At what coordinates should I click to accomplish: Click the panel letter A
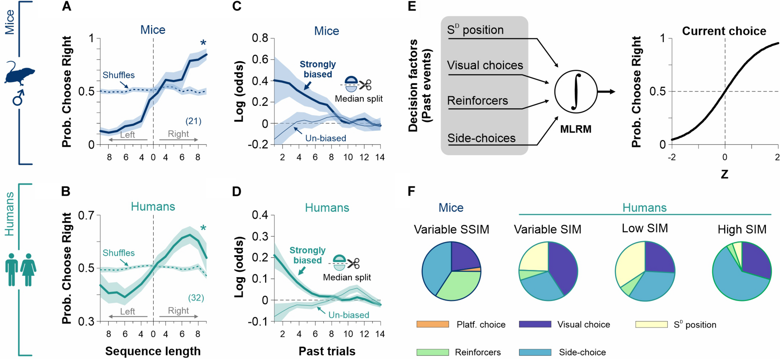66,6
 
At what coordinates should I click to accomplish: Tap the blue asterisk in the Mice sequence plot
203,43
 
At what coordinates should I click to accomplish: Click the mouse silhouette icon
19,74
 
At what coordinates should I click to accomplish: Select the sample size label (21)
193,121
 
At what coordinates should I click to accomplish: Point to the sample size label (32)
196,298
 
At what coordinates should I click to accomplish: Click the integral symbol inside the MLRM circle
576,92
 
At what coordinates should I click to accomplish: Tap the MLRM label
575,129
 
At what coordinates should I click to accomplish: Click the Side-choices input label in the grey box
481,138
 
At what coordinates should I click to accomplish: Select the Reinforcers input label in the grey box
477,101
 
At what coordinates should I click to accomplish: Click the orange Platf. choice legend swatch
432,324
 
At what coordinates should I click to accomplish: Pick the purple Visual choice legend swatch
535,324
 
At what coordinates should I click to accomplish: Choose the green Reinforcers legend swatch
432,352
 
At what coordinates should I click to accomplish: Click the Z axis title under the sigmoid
724,174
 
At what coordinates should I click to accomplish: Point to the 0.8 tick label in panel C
260,38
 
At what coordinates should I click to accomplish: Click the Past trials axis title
327,351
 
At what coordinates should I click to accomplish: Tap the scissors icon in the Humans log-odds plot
353,263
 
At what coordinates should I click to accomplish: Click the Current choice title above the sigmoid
724,31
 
